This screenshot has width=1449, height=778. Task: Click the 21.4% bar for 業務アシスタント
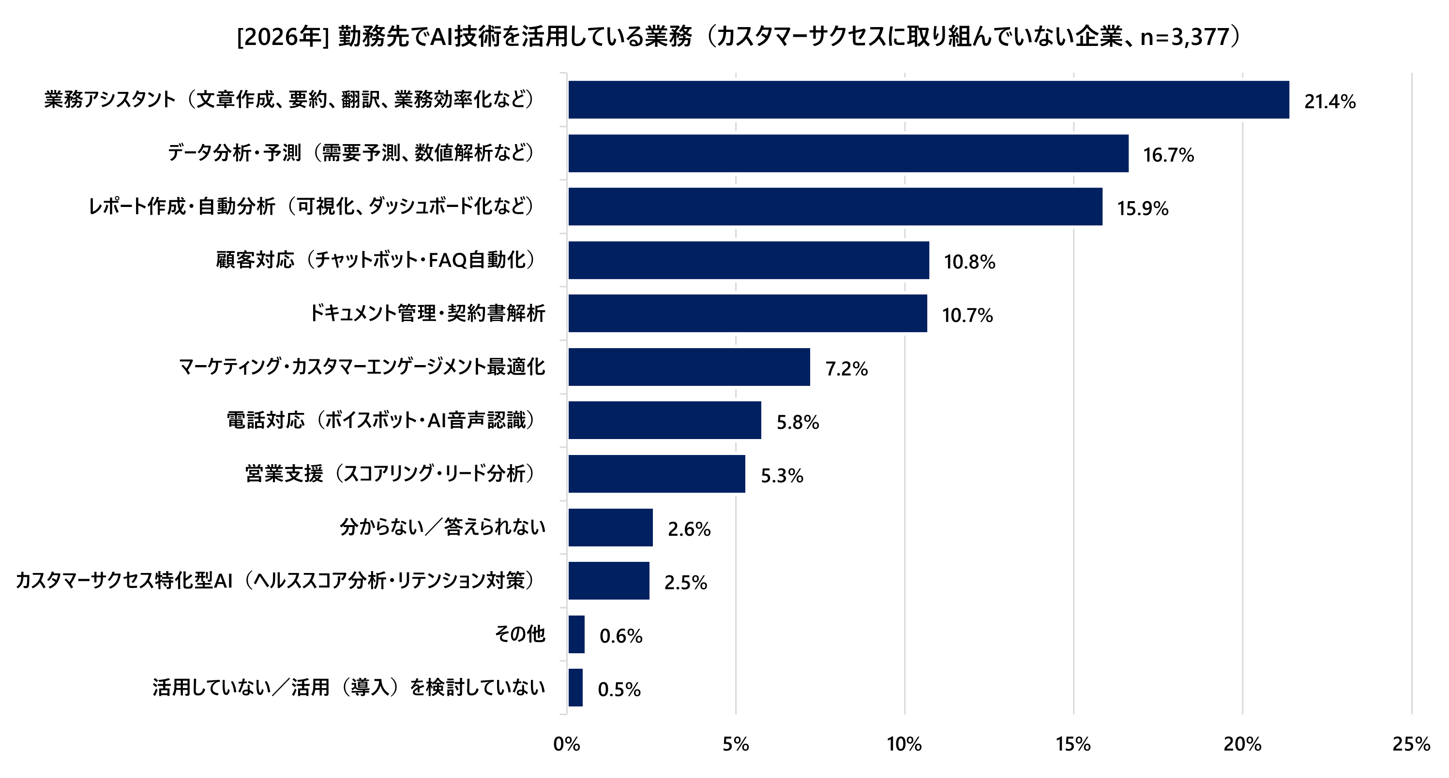[928, 100]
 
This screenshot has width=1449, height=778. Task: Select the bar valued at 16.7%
[848, 153]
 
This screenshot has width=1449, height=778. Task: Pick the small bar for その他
[576, 634]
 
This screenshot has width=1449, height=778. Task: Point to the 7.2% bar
[689, 367]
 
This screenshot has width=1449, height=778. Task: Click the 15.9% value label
[1143, 208]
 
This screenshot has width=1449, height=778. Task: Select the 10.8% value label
[969, 262]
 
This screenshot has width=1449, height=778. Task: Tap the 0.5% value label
[619, 689]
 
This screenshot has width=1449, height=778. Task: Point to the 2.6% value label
[689, 529]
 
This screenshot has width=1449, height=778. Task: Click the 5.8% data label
[798, 422]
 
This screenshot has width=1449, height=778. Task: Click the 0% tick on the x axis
[566, 744]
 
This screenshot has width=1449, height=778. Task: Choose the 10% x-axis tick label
[904, 744]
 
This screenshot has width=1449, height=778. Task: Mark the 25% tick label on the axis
[1411, 744]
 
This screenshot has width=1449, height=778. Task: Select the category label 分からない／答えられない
[443, 527]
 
